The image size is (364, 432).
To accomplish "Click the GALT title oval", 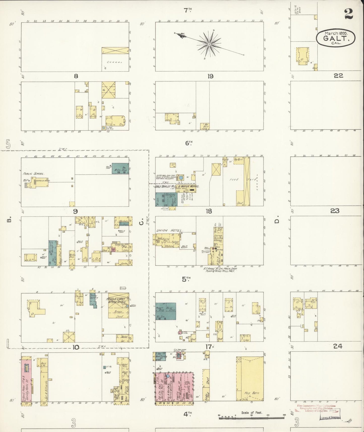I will coord(336,38).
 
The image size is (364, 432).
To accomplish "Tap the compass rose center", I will coord(209,44).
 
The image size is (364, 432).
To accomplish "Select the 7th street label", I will coord(187,10).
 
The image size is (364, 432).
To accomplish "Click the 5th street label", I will coord(186,279).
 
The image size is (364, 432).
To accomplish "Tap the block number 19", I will coord(210,76).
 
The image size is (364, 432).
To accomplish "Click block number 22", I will coord(338,76).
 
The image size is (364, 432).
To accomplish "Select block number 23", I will coord(335,211).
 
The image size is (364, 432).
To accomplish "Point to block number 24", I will coord(338,347).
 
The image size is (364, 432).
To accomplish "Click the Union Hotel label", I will coord(169,230).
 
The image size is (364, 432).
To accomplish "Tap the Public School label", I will coord(34,174).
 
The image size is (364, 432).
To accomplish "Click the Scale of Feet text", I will coord(252,413).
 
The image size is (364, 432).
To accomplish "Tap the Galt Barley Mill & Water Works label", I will coord(178,186).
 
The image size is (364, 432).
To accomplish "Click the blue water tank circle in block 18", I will coord(181,178).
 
